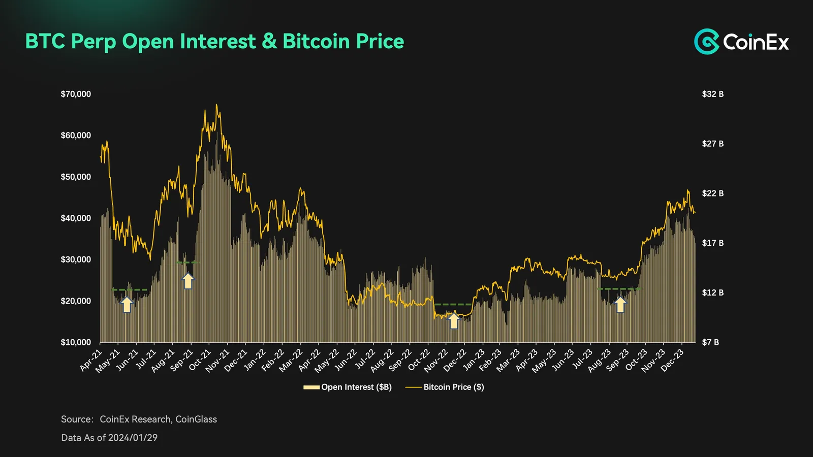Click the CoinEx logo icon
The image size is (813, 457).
(706, 41)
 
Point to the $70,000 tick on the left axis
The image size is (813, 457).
(76, 94)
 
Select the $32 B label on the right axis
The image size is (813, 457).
(713, 94)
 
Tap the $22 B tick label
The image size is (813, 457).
(713, 193)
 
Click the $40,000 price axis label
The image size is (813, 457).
(76, 218)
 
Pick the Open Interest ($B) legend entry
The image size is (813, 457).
(348, 387)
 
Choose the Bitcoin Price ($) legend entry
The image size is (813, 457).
(445, 387)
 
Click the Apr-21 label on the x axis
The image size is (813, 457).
(91, 360)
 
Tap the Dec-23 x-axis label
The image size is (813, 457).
(672, 360)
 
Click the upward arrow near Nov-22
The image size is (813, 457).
(454, 320)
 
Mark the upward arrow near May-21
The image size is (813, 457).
(127, 304)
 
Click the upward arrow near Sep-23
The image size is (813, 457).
(620, 305)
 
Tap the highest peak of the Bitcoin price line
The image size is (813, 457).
(216, 105)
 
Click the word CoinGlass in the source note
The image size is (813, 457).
(196, 419)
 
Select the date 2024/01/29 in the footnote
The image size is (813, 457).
(133, 438)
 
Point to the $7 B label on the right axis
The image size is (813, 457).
(710, 342)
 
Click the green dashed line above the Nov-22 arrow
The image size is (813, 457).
(453, 304)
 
